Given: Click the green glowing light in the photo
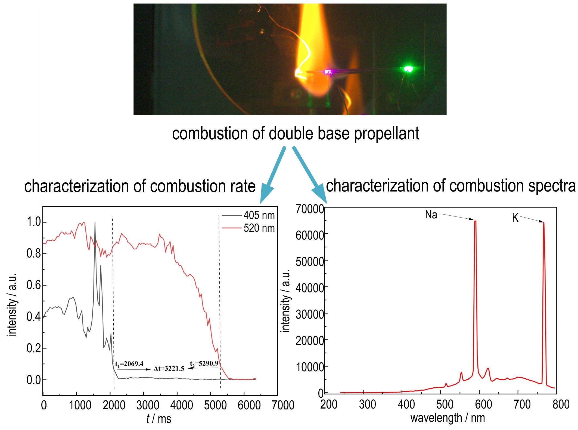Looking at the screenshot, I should [408, 69].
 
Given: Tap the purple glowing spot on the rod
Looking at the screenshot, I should [328, 72].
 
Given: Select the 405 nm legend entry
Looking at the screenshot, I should [259, 216].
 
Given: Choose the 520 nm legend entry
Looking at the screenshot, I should [259, 228].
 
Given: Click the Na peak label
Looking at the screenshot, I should [431, 215].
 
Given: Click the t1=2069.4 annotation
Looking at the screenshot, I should [129, 364].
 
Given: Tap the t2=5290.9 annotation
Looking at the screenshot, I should [204, 363].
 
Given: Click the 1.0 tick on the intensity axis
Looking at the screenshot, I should [33, 222].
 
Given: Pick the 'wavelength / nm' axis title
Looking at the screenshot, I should [448, 418].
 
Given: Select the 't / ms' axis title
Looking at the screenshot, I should [159, 419].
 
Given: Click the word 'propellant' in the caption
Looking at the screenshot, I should [386, 134].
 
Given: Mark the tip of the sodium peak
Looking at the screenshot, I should [475, 221].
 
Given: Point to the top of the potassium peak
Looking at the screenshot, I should [543, 223].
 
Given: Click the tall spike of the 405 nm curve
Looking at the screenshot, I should [95, 223].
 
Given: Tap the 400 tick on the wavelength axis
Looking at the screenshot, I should [406, 405].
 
